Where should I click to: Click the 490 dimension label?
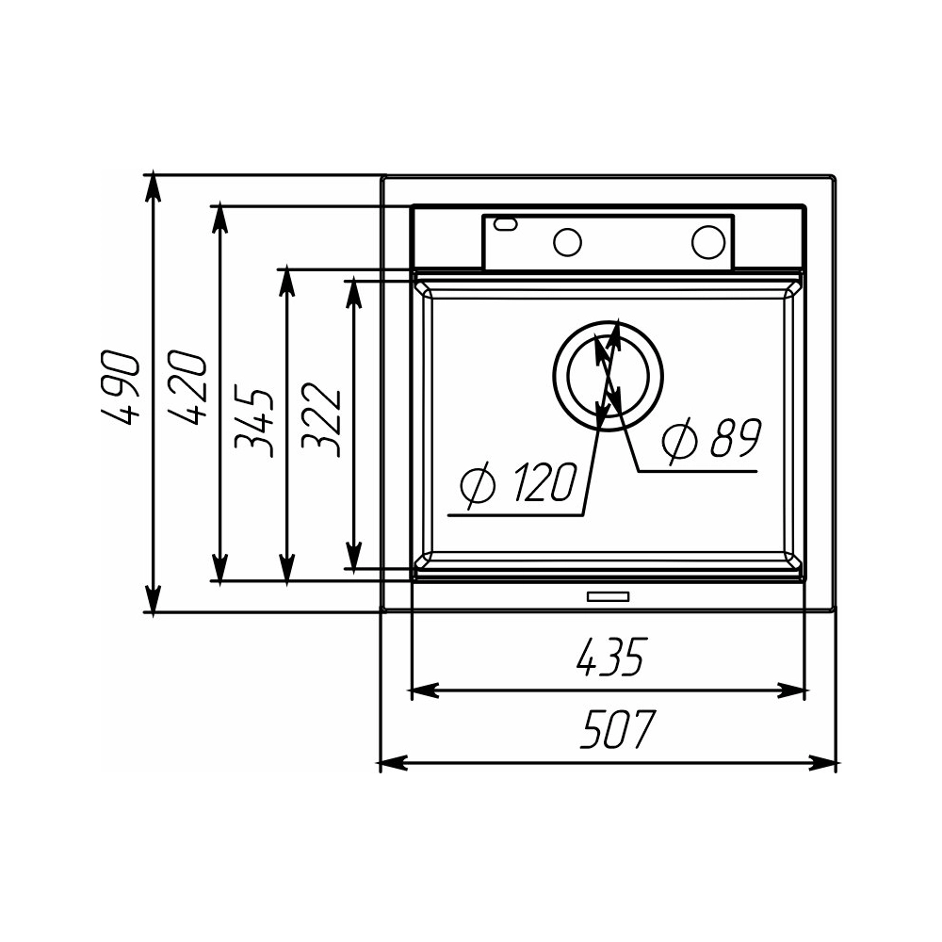pyautogui.click(x=122, y=387)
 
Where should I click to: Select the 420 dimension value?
pyautogui.click(x=187, y=387)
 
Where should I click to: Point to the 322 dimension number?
pyautogui.click(x=321, y=419)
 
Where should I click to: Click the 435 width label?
pyautogui.click(x=609, y=657)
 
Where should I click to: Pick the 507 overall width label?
pyautogui.click(x=617, y=729)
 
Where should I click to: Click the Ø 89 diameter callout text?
pyautogui.click(x=711, y=438)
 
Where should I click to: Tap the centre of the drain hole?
pyautogui.click(x=608, y=376)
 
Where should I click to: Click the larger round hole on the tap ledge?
pyautogui.click(x=709, y=241)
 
